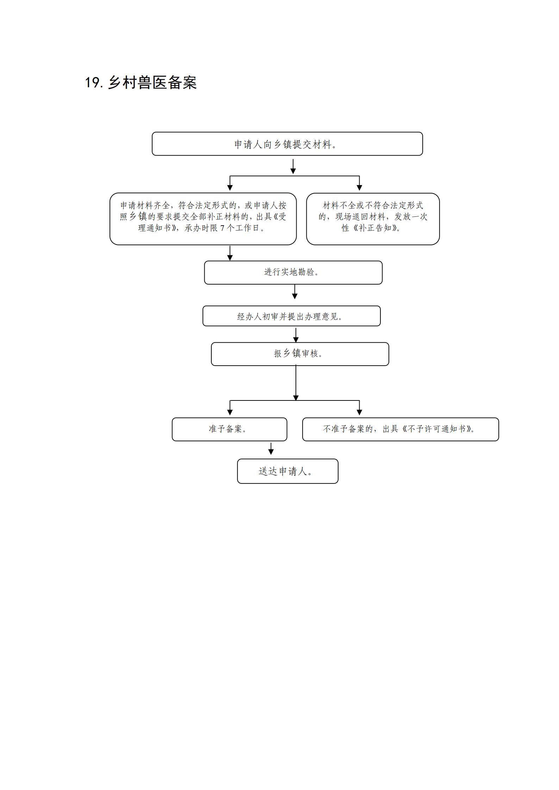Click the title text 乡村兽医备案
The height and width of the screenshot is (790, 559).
[x=152, y=82]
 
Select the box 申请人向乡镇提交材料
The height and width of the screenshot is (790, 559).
[x=287, y=144]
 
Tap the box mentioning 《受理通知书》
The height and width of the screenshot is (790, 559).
[x=203, y=219]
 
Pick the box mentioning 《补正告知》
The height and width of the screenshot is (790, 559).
[x=373, y=219]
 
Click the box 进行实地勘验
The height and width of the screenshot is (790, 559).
[x=293, y=272]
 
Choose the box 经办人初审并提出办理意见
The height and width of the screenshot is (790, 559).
[x=291, y=316]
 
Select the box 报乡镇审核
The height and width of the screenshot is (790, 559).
[x=300, y=354]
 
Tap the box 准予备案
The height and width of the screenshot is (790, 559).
[x=229, y=429]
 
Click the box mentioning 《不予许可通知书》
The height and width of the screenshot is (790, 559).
[x=400, y=429]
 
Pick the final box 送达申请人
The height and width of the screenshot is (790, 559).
[x=287, y=471]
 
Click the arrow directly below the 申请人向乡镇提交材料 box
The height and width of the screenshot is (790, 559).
[x=293, y=166]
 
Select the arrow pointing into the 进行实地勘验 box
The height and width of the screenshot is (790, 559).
[x=230, y=253]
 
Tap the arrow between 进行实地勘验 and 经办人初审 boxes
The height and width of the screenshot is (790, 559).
[x=295, y=292]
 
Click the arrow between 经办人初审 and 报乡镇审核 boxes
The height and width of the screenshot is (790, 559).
[x=296, y=335]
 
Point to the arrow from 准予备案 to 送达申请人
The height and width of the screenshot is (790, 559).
[x=271, y=449]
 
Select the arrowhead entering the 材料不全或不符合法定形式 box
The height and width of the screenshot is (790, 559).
[x=359, y=188]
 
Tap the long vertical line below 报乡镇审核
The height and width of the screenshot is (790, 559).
[x=296, y=383]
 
